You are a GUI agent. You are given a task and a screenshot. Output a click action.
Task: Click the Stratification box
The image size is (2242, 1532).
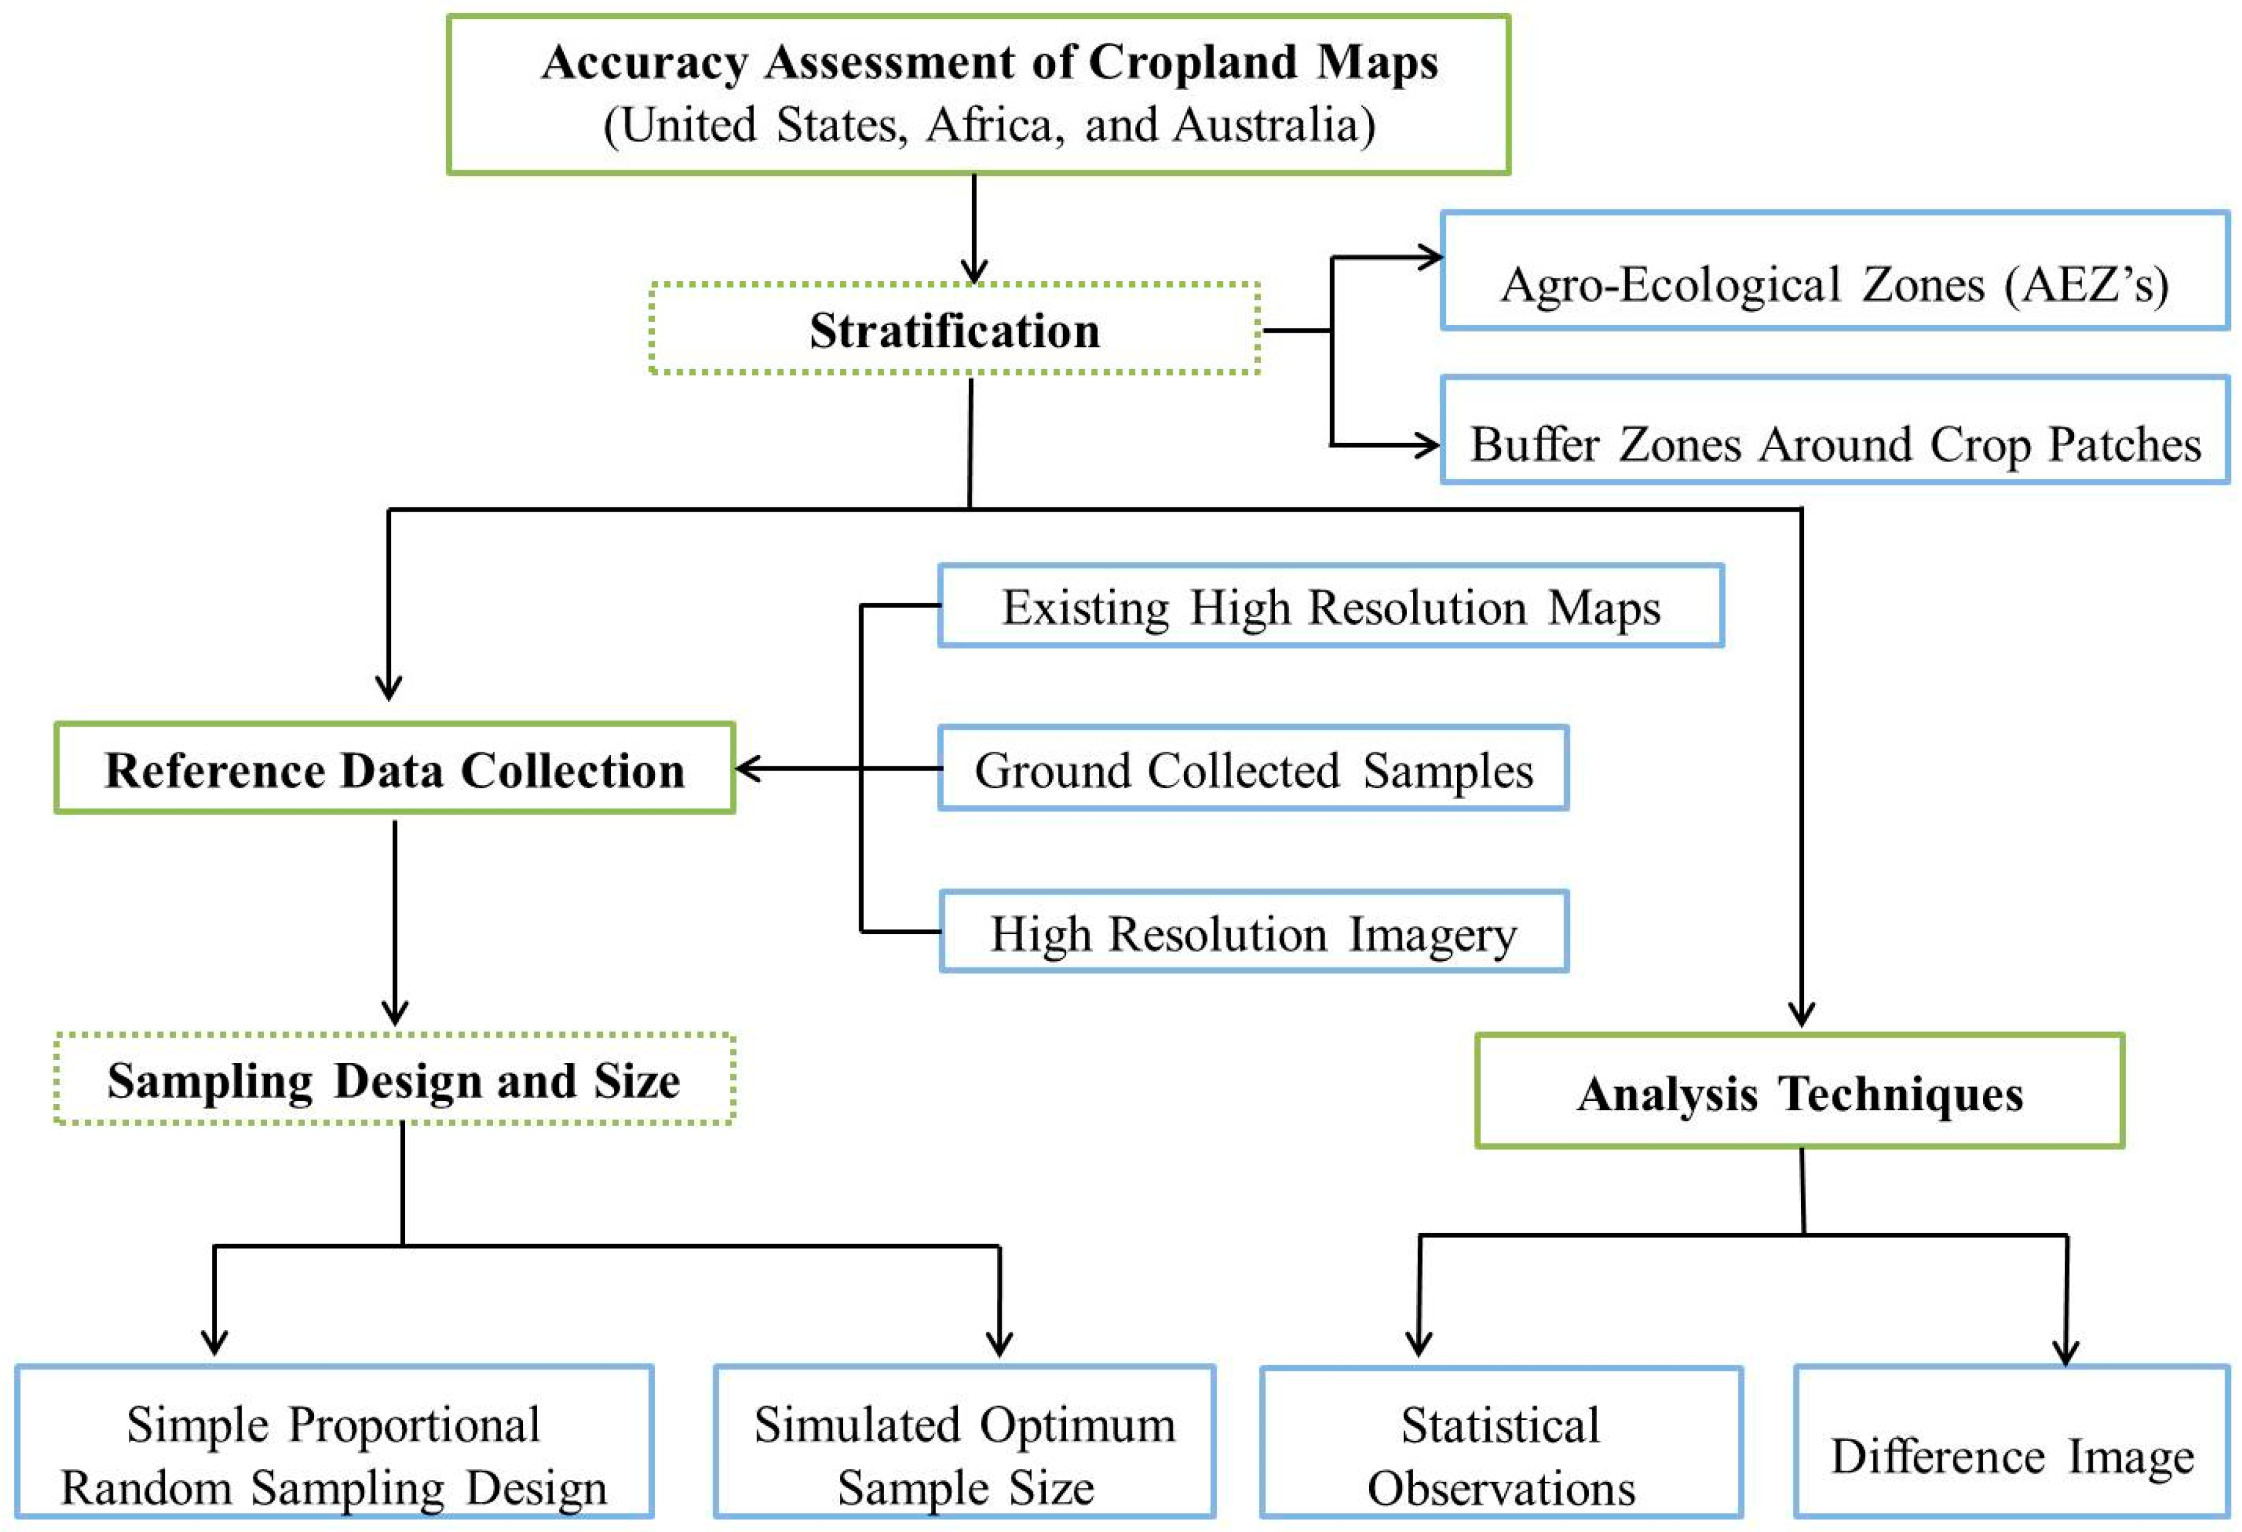point(954,329)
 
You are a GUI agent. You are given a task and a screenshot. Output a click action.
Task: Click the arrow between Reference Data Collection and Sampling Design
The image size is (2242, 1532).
point(395,921)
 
